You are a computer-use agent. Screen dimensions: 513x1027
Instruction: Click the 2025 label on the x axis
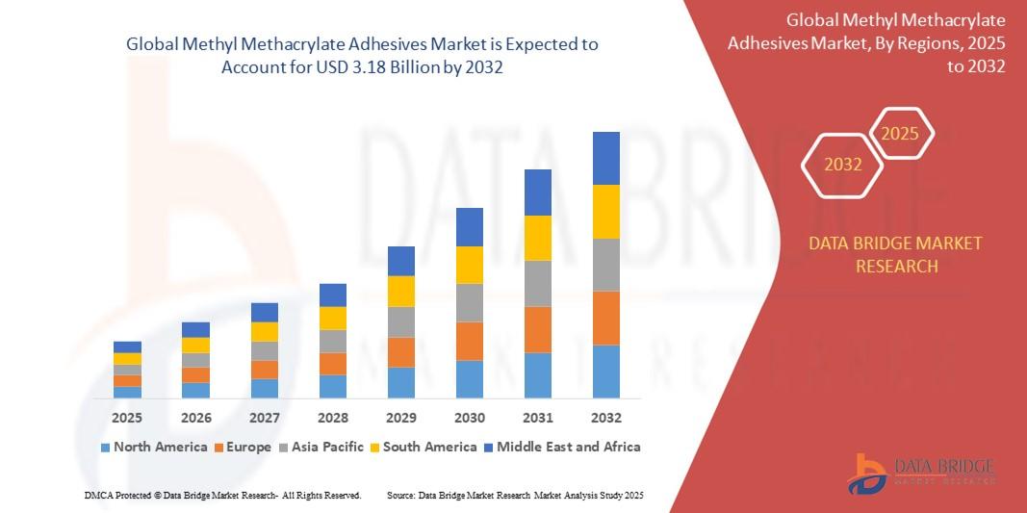127,418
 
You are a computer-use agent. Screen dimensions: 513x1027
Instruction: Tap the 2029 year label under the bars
401,418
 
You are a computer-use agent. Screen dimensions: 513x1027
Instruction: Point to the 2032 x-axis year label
606,418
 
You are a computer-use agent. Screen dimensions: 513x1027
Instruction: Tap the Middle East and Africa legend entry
561,447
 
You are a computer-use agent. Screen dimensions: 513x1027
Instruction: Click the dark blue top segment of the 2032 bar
606,158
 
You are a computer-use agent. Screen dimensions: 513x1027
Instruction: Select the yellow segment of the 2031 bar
538,238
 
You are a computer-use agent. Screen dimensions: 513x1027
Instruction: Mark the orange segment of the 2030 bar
470,341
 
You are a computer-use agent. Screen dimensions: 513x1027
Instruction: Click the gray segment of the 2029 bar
401,321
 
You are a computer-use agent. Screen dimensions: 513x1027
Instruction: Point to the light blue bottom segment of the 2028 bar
333,386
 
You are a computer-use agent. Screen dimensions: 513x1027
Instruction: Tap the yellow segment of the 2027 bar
265,331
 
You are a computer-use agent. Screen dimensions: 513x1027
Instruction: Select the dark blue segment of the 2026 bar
195,329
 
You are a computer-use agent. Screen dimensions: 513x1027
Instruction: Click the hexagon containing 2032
843,165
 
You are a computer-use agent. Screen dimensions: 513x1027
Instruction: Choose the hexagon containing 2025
900,134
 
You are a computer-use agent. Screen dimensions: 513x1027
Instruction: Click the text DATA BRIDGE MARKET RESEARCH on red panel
896,254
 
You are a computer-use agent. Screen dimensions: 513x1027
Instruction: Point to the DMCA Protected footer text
222,495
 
